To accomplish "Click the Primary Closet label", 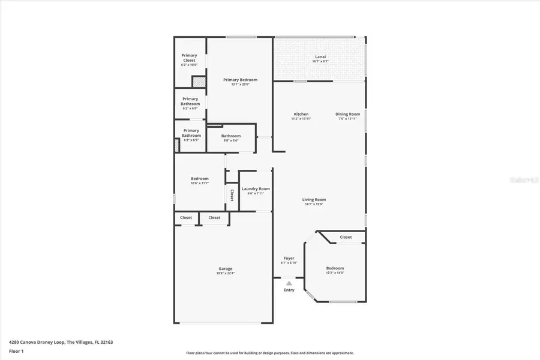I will tap(190, 58).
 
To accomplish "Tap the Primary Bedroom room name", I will tap(240, 80).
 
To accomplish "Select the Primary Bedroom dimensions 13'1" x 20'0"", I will tap(240, 85).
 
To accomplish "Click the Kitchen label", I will tap(301, 114).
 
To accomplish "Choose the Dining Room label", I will tap(347, 114).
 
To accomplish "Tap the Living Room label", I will tap(314, 200).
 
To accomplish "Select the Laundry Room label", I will tap(256, 188).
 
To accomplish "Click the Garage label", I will tap(225, 268).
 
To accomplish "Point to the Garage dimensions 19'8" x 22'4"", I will tap(225, 273).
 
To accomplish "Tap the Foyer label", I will tap(289, 259).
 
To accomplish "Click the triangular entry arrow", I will tap(289, 283).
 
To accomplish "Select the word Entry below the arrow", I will tap(289, 290).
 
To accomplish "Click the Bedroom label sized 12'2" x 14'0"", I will tap(335, 268).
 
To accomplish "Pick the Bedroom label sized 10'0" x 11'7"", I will tap(200, 178).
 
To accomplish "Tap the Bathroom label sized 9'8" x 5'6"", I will tap(230, 136).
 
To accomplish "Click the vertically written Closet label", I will tap(232, 195).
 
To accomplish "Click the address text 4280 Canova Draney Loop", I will tap(42, 342).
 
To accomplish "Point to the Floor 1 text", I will tap(17, 350).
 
